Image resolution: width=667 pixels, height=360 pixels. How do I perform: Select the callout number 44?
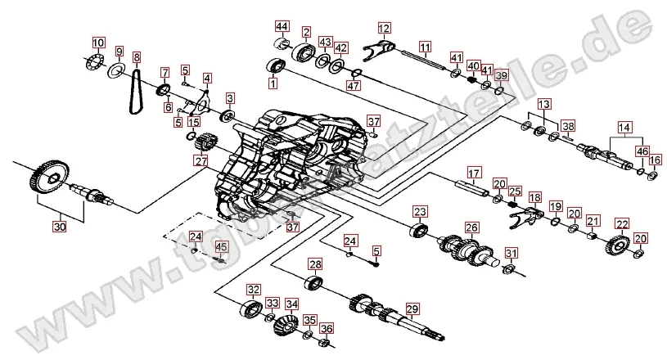pos(282,26)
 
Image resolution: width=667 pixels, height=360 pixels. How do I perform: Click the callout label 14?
pos(625,127)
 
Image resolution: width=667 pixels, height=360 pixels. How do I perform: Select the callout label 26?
pos(471,227)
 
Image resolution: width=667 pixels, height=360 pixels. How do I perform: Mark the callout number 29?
pos(412,308)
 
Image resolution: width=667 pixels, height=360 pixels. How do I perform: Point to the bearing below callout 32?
pos(250,309)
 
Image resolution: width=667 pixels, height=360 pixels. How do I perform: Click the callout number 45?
pos(221,246)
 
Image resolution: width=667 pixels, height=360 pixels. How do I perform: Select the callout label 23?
pos(420,212)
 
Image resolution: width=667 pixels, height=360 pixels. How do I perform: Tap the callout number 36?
pos(327,329)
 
